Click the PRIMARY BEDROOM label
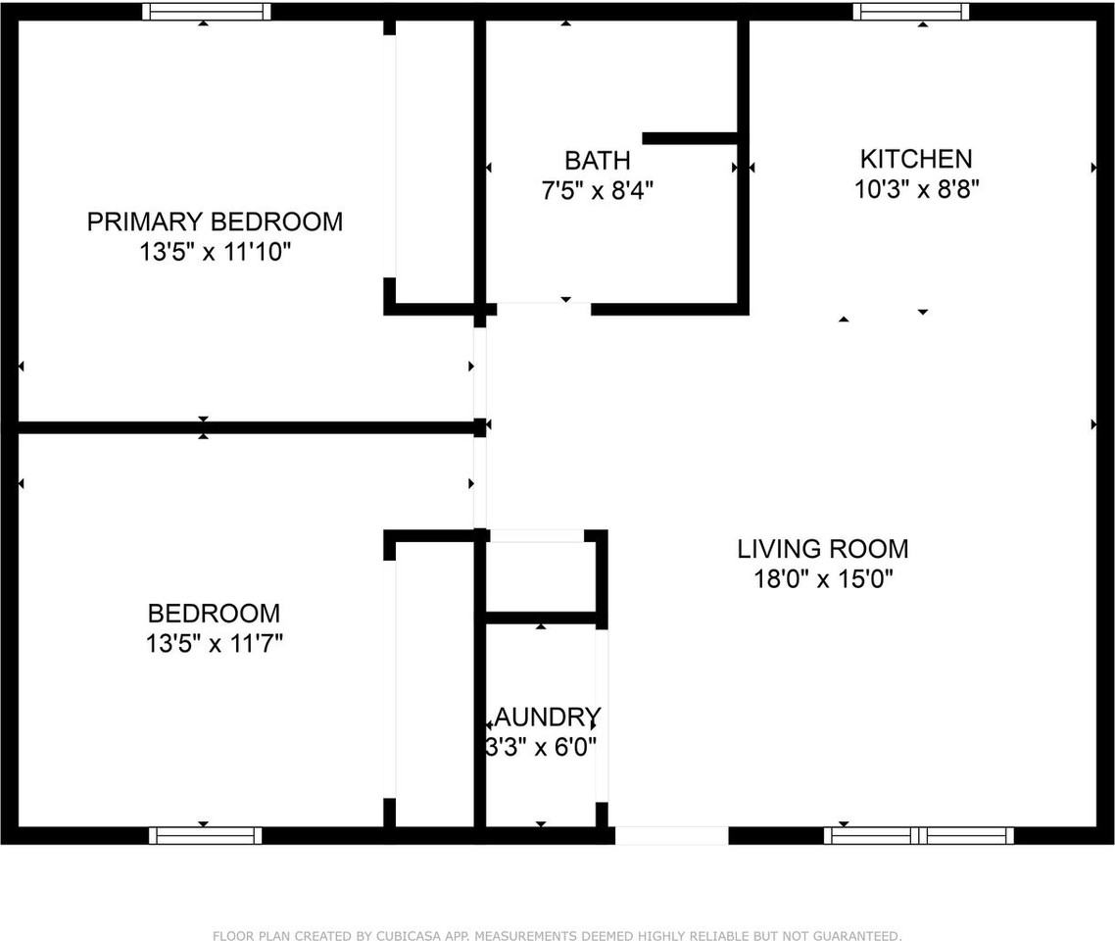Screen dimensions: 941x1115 (215, 222)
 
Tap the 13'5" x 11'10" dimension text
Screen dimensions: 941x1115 (215, 253)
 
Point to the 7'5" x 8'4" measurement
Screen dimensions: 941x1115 (597, 190)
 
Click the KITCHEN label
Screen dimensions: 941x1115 (916, 158)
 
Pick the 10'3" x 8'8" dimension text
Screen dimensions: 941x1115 (916, 188)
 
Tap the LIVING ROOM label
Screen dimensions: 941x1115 (822, 548)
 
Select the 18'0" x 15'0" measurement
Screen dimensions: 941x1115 (822, 579)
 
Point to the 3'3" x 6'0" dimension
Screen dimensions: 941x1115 (541, 747)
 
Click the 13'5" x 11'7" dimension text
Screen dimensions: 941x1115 (215, 644)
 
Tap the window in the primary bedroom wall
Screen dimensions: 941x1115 (206, 12)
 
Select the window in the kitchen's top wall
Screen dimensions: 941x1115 (910, 12)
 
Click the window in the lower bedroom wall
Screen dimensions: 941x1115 (205, 835)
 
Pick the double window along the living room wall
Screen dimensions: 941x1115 (919, 835)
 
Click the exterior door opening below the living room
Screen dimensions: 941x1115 (671, 835)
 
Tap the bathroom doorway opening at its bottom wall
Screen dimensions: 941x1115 (544, 309)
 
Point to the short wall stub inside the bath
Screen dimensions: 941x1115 (690, 138)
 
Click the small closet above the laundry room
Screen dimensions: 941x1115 (541, 576)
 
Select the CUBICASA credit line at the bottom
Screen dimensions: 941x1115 (557, 935)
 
